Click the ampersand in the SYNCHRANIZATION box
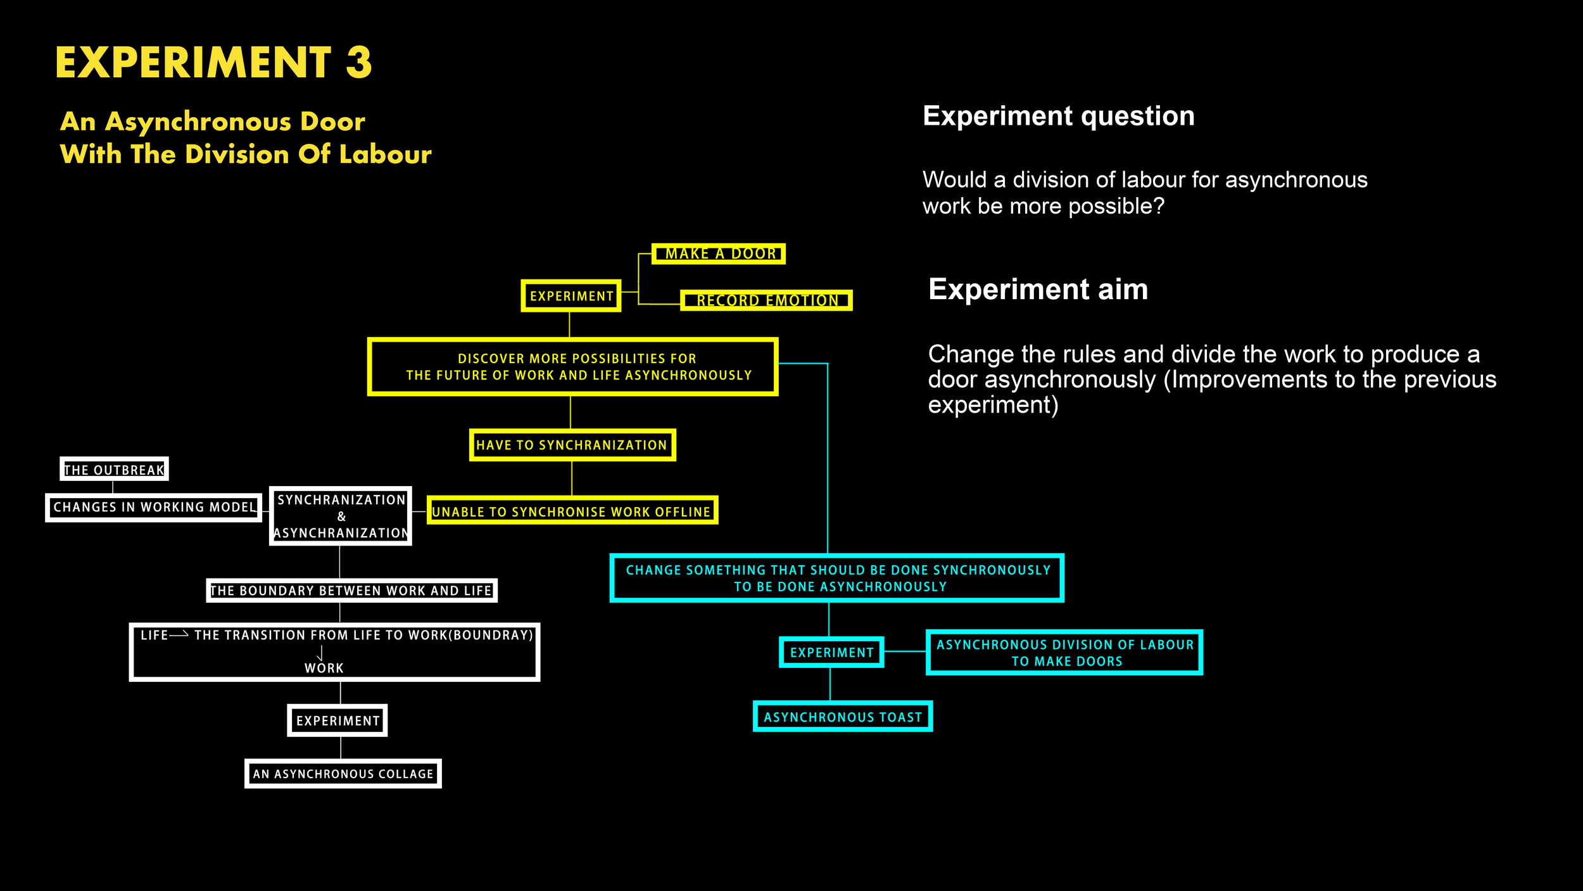(x=341, y=516)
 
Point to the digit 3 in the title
(x=359, y=63)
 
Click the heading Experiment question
(x=1059, y=117)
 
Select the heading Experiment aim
(x=1038, y=289)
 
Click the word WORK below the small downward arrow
(x=324, y=668)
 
